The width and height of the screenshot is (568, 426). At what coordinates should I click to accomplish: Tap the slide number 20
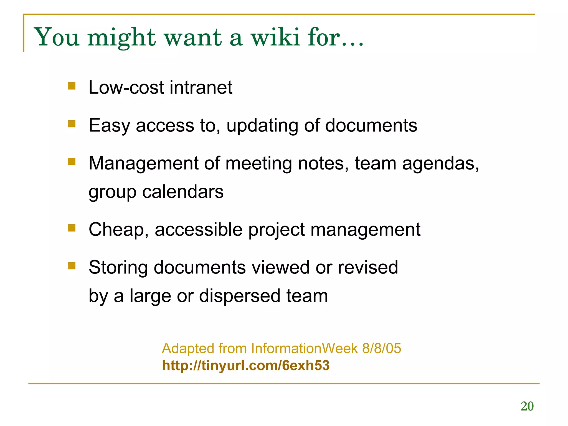527,406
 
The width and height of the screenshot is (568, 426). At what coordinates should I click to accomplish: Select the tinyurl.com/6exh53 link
246,365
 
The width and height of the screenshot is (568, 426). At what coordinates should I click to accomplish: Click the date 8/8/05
382,348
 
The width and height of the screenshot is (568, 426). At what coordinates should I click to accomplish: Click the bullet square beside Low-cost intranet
72,86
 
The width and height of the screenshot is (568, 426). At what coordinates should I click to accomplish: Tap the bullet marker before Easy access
72,124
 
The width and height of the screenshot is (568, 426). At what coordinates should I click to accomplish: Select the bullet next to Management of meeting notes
72,162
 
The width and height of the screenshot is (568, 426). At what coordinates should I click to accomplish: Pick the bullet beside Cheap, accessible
72,228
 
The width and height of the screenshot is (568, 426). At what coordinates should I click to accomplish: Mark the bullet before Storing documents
72,266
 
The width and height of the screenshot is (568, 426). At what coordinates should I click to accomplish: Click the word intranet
201,88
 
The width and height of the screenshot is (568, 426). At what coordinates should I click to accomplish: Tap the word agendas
440,164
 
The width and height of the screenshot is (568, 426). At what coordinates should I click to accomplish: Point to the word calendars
183,192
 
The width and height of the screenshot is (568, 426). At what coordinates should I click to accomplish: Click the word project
276,230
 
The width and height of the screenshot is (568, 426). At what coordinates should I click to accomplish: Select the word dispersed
240,296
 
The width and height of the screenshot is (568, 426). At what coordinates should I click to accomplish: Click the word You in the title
57,37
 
